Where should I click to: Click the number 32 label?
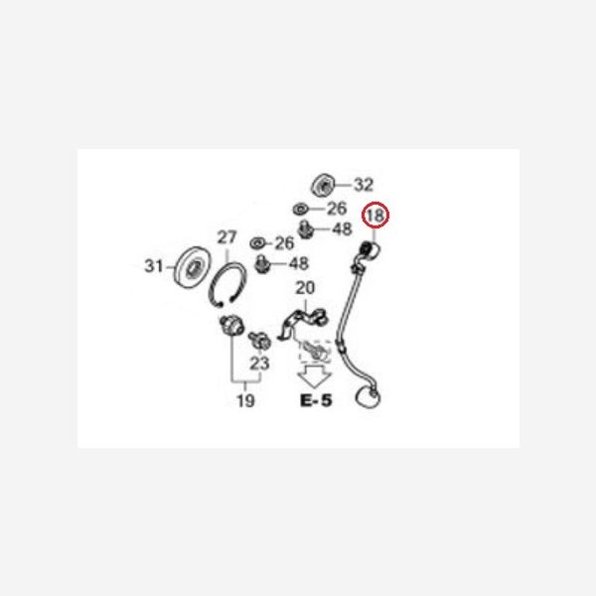tap(364, 185)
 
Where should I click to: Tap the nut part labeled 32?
tap(323, 186)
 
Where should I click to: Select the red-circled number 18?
tap(375, 216)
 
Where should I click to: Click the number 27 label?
tap(226, 237)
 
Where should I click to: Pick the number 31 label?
tap(154, 265)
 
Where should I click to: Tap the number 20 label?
tap(305, 288)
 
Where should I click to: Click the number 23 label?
tap(259, 364)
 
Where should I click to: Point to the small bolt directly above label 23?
tap(259, 340)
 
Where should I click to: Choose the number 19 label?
tap(245, 400)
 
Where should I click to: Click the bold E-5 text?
tap(316, 400)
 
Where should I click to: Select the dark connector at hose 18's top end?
tap(367, 249)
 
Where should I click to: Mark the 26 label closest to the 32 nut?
tap(337, 209)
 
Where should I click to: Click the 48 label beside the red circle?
tap(342, 228)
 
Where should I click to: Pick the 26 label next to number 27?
tap(284, 243)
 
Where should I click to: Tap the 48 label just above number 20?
tap(299, 263)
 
